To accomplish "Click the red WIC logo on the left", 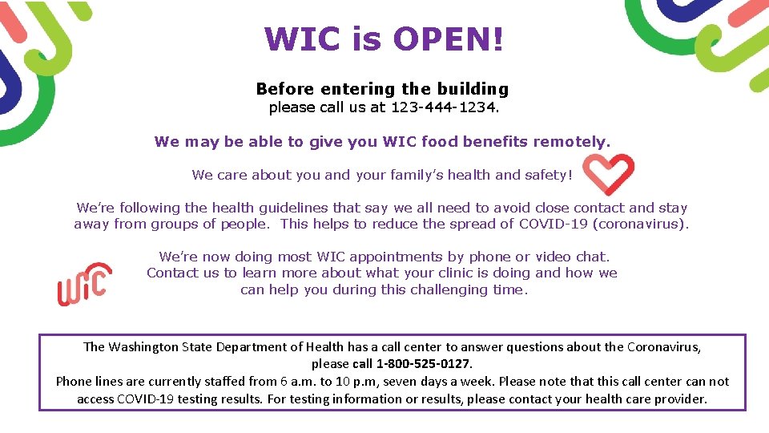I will [84, 285].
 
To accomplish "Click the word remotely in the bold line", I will [571, 142].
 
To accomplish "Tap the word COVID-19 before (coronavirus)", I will [554, 224].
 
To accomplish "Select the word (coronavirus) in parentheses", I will [640, 224].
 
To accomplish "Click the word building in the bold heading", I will [473, 89].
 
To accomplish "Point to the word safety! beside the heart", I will [548, 175].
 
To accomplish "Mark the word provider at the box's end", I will [681, 399].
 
